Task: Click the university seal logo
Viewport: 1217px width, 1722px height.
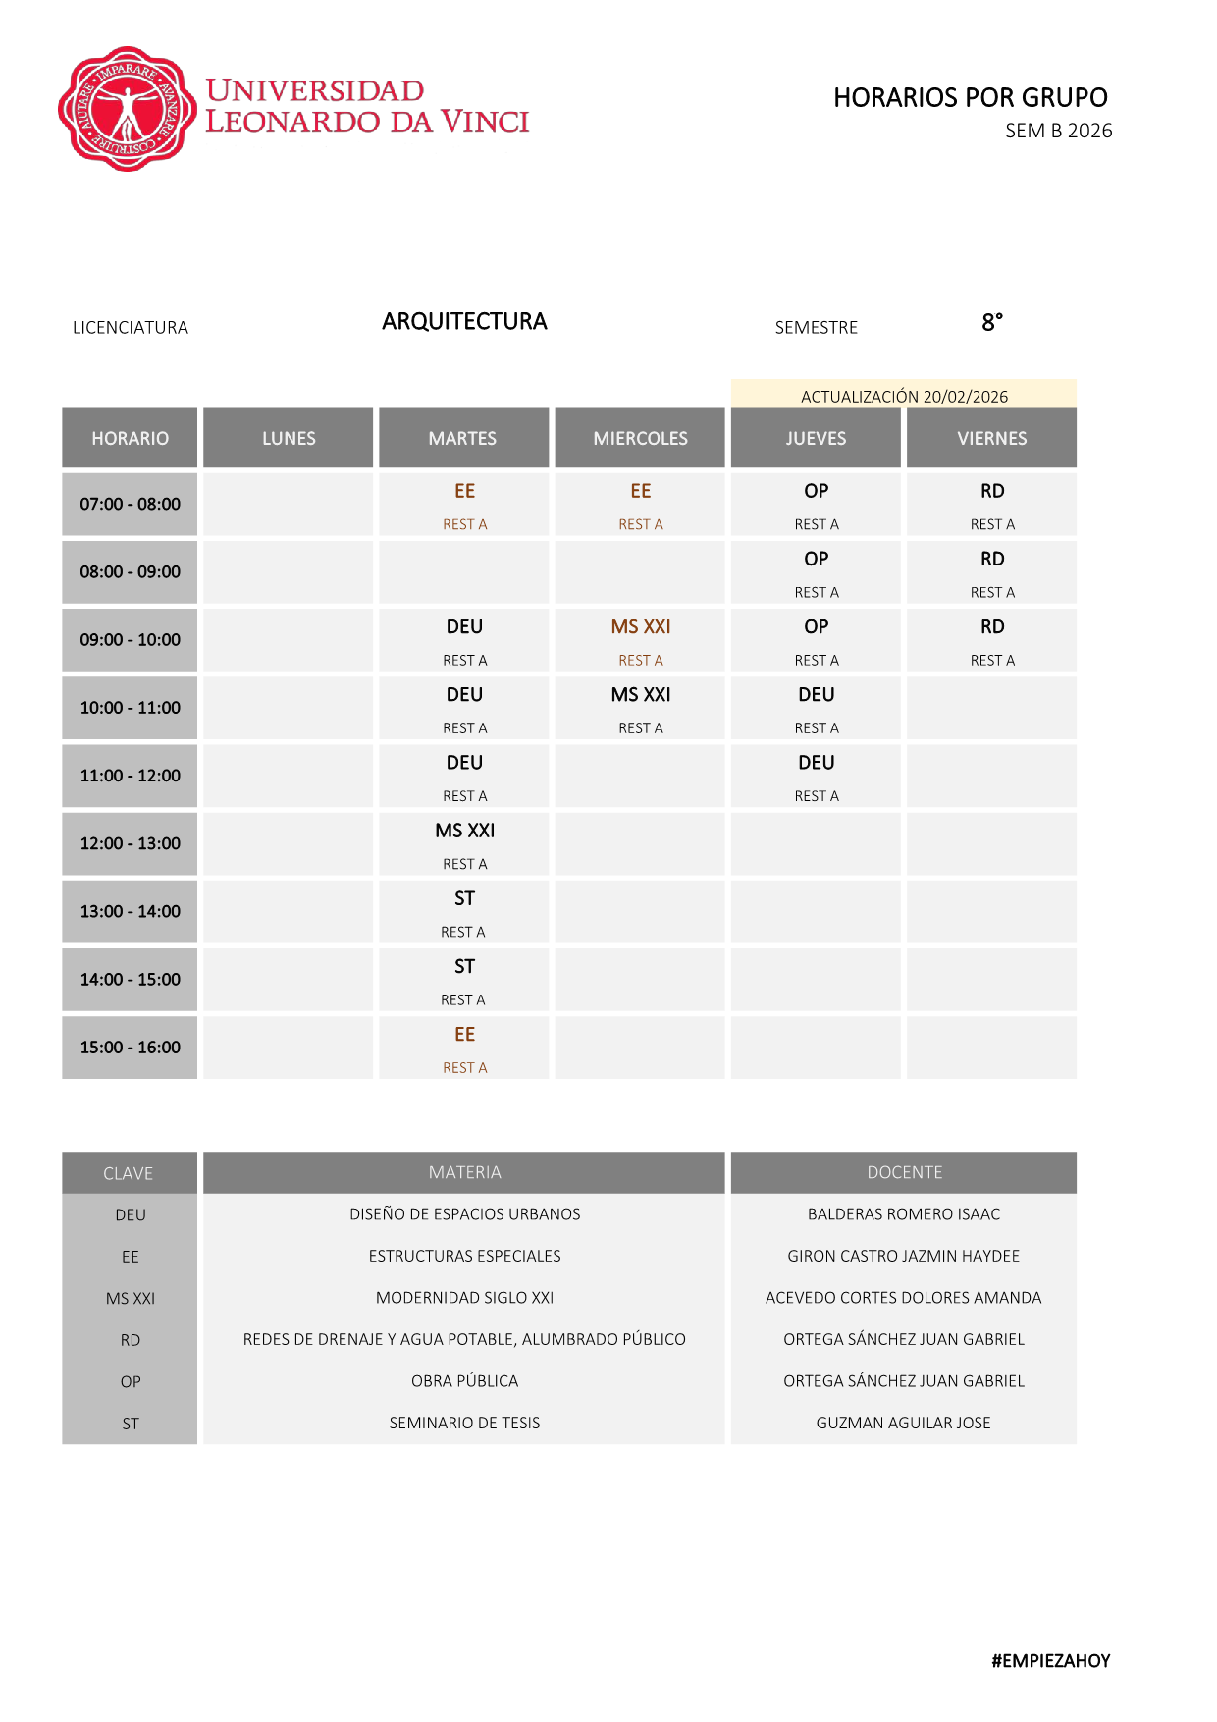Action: pos(127,109)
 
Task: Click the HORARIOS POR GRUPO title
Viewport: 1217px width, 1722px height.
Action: pos(970,97)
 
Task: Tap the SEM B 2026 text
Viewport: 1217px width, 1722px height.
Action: pos(1058,131)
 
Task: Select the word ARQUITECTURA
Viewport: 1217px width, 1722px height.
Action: pos(464,321)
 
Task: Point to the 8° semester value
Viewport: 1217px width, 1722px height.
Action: pos(991,322)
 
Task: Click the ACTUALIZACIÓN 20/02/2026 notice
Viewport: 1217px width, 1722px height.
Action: pos(904,396)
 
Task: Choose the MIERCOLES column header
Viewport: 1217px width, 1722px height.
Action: pos(640,438)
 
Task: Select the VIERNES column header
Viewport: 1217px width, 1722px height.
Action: pos(991,438)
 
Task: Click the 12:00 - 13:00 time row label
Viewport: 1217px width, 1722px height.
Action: pos(130,843)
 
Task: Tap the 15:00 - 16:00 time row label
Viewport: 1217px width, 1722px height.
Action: pos(130,1047)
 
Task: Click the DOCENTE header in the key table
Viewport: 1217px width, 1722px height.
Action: pos(904,1172)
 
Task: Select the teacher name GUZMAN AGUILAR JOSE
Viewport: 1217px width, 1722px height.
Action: pos(903,1423)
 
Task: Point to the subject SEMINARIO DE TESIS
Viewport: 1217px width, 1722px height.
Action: pos(464,1423)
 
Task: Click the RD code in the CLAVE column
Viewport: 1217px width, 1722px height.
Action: pos(130,1340)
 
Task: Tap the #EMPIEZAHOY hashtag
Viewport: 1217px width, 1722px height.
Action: pos(1050,1661)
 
